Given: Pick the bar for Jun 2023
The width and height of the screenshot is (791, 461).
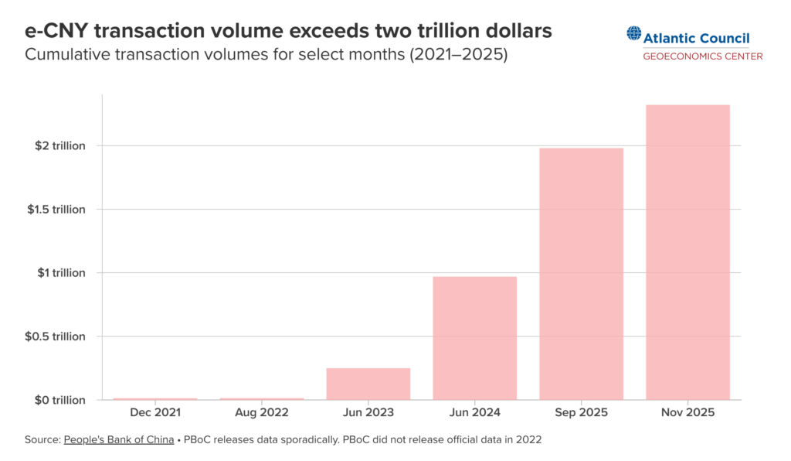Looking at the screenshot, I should tap(368, 384).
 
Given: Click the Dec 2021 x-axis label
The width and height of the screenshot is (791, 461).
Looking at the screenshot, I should tap(155, 413).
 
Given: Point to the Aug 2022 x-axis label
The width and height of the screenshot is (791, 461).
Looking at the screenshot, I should tap(262, 413).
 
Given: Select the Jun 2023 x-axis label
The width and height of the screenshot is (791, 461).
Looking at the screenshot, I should tap(368, 413).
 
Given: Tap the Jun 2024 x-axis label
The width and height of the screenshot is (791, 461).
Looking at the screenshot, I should tap(474, 413).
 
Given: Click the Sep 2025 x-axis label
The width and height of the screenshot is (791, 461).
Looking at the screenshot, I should tap(581, 413).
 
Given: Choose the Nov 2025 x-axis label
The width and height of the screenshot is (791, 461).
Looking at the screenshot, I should tap(687, 413).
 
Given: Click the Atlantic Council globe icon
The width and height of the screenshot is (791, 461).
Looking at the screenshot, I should tap(634, 34).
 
